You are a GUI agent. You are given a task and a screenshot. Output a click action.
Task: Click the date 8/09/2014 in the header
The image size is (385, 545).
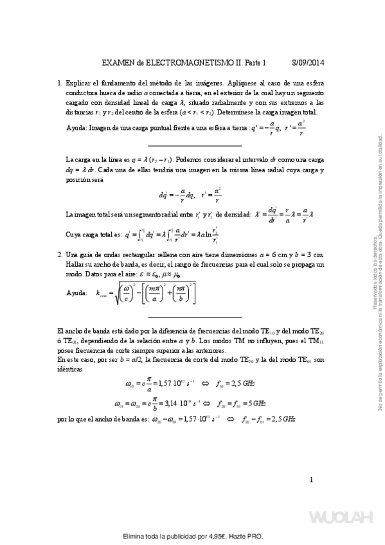308,63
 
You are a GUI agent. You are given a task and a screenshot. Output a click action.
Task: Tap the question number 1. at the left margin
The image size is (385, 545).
60,83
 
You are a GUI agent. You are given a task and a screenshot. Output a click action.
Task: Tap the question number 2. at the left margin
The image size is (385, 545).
60,255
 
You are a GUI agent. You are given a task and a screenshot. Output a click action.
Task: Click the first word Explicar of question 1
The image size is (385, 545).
80,83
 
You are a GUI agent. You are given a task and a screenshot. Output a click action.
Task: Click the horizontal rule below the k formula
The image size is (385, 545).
195,316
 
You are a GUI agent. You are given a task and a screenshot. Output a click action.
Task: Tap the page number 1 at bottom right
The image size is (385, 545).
311,479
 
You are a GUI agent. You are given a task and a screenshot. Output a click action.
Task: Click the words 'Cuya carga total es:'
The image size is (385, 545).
94,235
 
